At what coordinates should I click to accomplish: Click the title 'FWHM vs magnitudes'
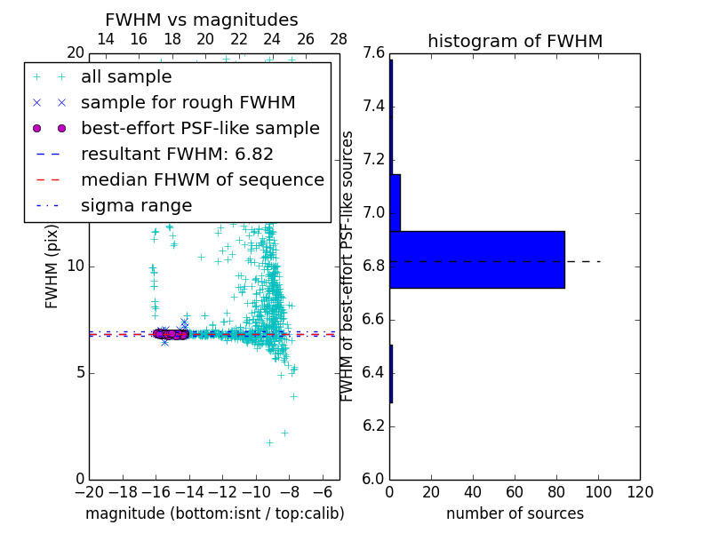coord(202,20)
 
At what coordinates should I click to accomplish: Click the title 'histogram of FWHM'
coord(515,41)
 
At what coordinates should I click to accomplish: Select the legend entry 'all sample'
coord(126,77)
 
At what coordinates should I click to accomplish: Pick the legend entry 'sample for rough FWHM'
coord(188,102)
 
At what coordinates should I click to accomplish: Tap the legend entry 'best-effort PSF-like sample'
coord(200,128)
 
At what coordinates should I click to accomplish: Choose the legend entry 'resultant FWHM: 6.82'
coord(177,154)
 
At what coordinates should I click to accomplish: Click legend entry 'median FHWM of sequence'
coord(202,179)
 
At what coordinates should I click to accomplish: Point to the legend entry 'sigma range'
coord(136,205)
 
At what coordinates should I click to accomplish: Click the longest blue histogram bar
coord(476,259)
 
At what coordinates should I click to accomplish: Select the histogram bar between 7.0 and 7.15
coord(395,203)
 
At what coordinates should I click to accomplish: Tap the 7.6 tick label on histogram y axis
coord(373,53)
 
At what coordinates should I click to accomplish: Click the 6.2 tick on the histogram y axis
coord(373,426)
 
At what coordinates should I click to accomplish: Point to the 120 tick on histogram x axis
coord(639,492)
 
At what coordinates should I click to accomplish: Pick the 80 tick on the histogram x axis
coord(556,492)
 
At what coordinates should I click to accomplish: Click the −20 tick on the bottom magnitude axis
coord(89,492)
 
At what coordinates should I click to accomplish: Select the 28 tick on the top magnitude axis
coord(339,39)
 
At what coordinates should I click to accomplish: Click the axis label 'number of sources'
coord(515,513)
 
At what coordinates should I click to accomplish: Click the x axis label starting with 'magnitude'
coord(214,513)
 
